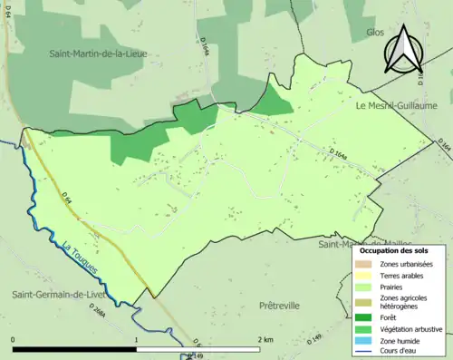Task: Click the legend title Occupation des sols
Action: pos(399,249)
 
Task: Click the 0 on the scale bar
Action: pos(14,339)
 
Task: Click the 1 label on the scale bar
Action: pos(136,339)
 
